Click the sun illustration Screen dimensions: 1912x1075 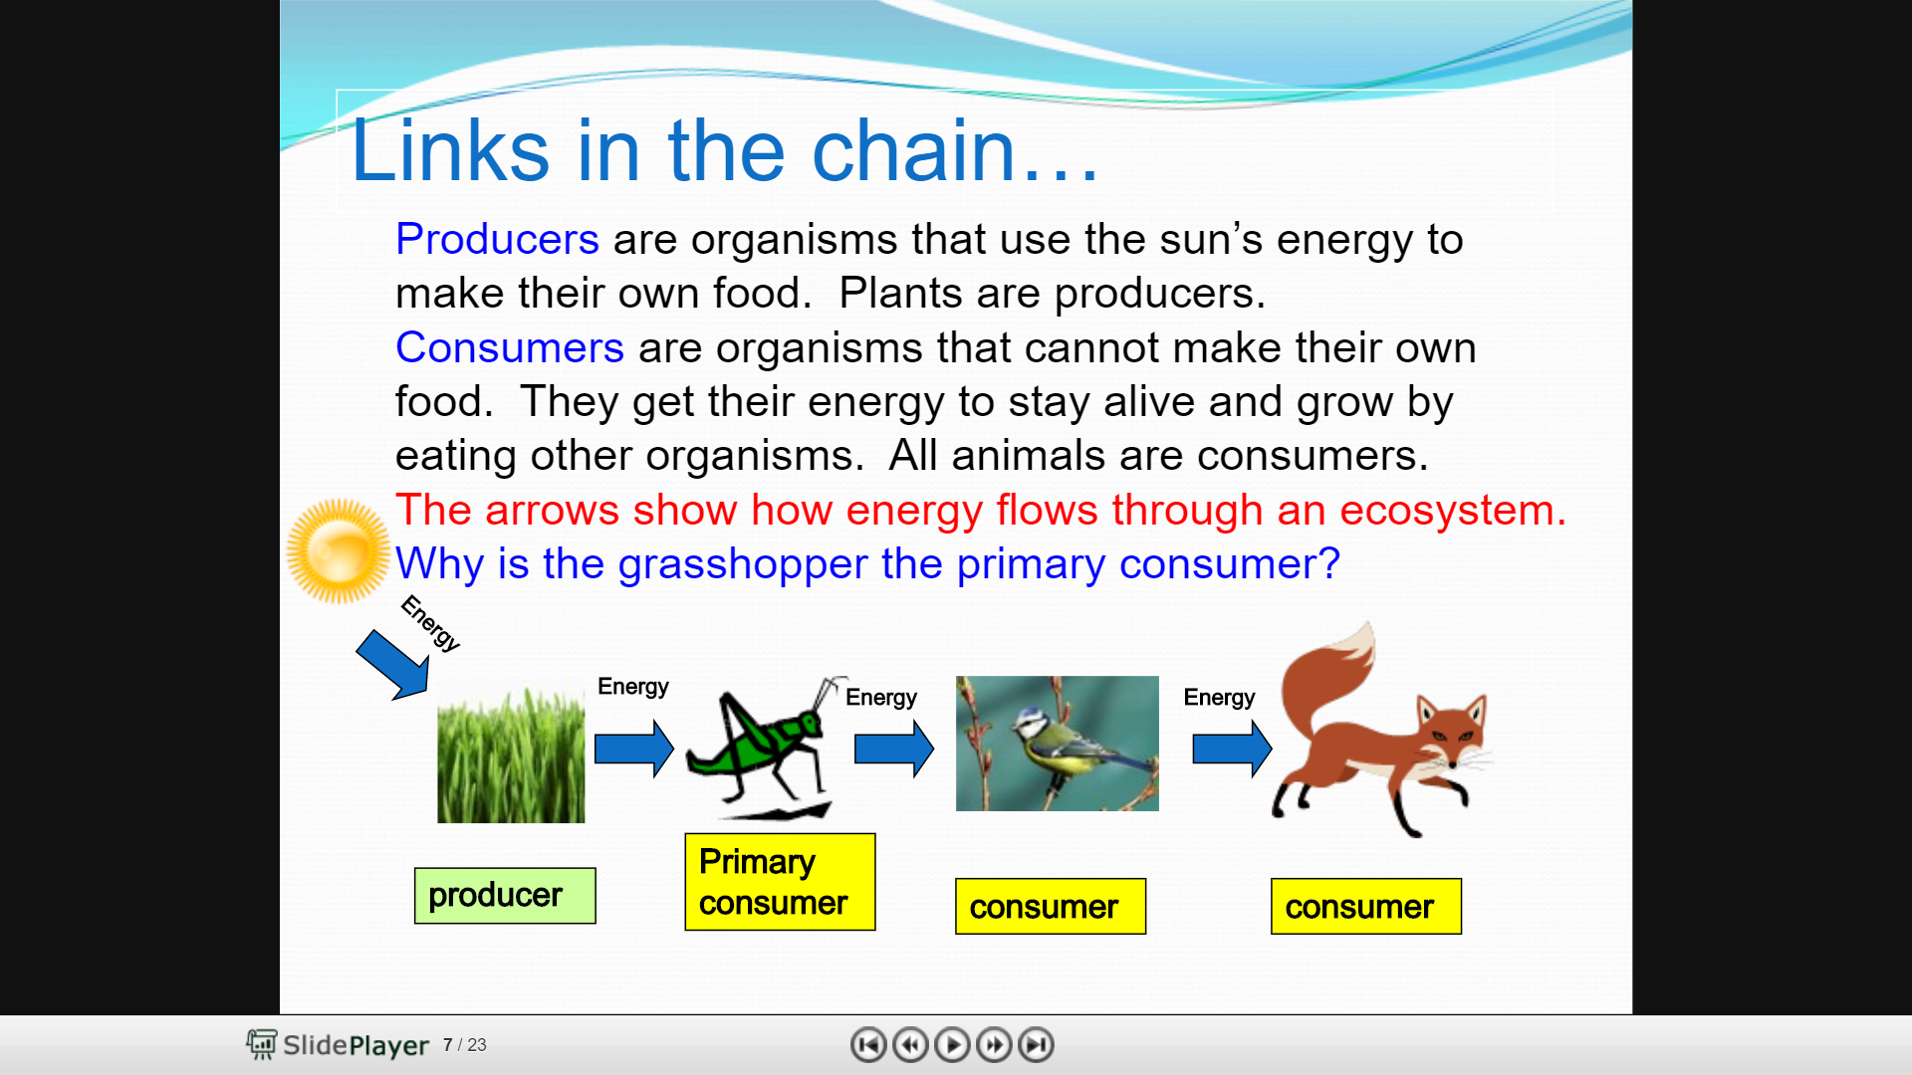click(x=339, y=551)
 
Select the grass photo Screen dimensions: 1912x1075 click(x=511, y=754)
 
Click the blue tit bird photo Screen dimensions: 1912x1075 click(x=1058, y=744)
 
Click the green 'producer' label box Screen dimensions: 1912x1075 click(x=505, y=896)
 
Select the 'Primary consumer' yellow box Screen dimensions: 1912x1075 click(x=780, y=882)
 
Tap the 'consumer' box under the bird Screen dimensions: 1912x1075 click(x=1051, y=907)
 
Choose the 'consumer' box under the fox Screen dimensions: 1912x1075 click(x=1366, y=907)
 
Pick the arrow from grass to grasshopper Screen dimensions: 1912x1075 click(x=634, y=749)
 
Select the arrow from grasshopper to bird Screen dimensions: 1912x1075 click(x=894, y=749)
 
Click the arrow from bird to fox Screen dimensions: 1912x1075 click(x=1233, y=749)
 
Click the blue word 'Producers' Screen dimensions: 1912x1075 click(x=497, y=240)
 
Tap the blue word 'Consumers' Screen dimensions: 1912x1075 click(x=510, y=348)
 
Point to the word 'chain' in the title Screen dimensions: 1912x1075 click(x=913, y=150)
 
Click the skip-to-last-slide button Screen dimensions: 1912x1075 click(x=1037, y=1045)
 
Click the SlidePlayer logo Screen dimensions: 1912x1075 click(x=338, y=1045)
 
